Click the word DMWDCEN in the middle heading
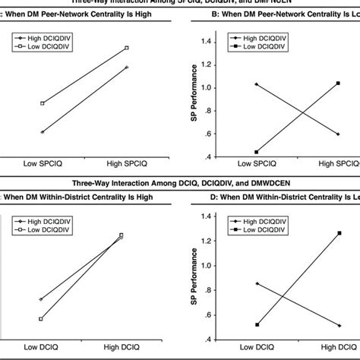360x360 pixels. (x=242, y=184)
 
